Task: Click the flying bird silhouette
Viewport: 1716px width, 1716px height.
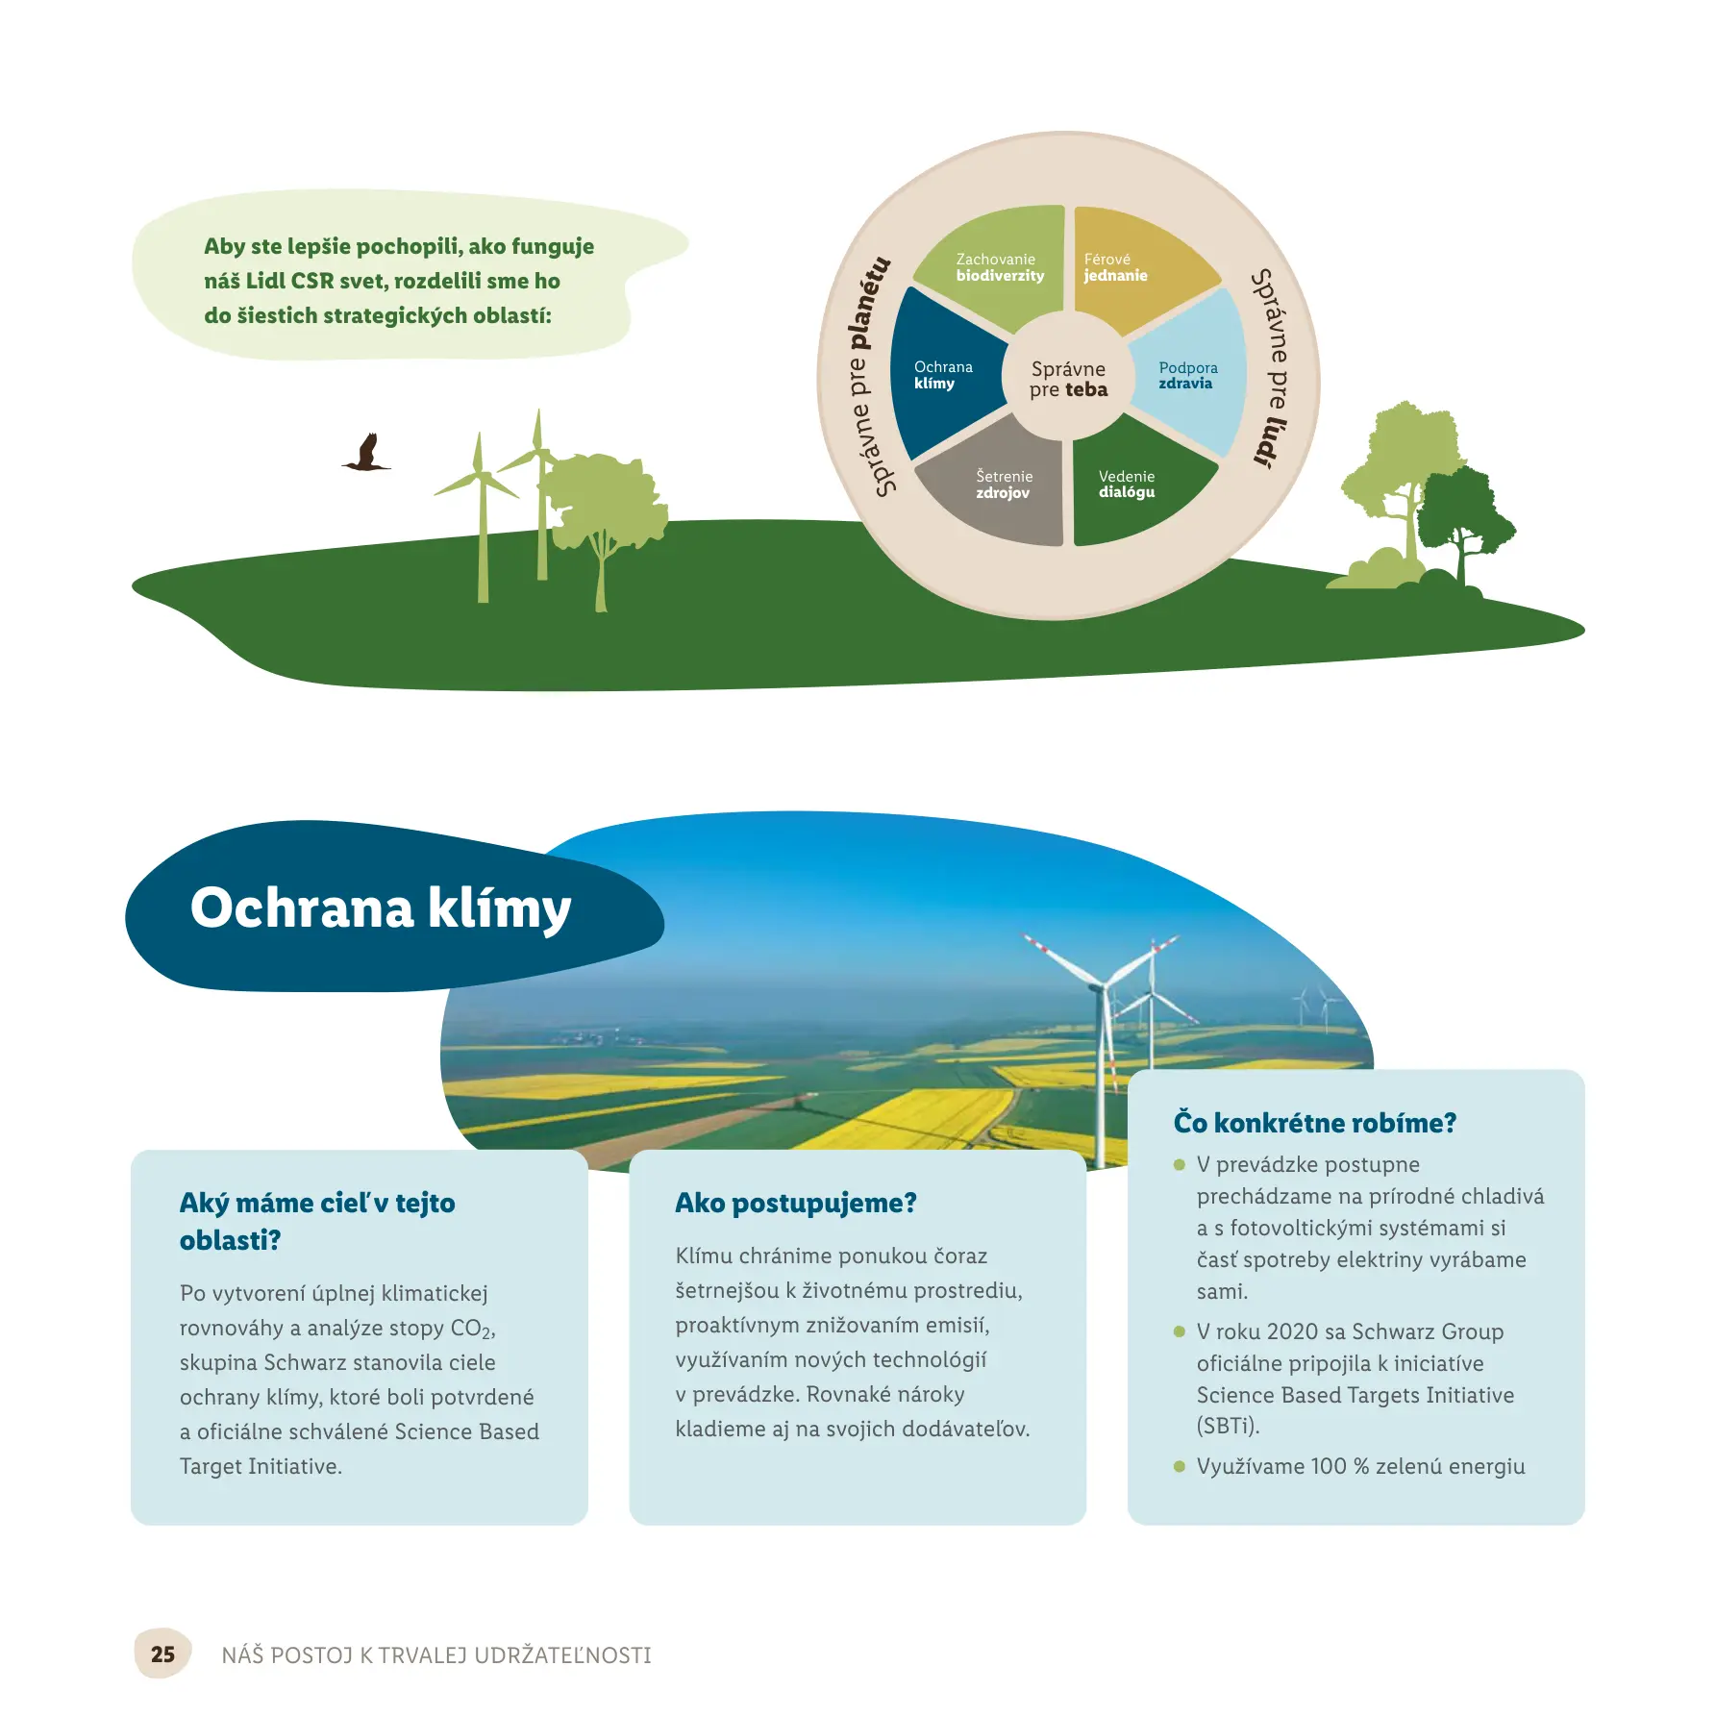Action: click(x=366, y=453)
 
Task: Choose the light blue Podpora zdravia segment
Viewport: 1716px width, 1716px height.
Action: click(x=1192, y=375)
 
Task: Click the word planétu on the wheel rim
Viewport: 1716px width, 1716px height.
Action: click(x=868, y=303)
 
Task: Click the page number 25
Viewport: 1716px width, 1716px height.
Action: click(x=162, y=1654)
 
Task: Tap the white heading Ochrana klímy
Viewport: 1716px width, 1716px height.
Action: click(x=381, y=908)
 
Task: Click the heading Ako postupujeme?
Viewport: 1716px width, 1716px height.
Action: click(x=796, y=1203)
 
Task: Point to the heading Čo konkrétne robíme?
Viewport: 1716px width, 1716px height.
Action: click(x=1315, y=1123)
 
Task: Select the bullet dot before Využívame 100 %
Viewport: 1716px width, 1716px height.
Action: click(x=1180, y=1466)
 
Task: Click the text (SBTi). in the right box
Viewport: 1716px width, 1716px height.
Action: click(x=1228, y=1426)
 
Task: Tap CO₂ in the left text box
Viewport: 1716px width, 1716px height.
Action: click(x=472, y=1329)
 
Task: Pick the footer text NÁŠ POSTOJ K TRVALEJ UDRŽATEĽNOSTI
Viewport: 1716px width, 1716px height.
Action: click(x=436, y=1654)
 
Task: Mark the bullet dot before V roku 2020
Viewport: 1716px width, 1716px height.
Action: click(x=1180, y=1331)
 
